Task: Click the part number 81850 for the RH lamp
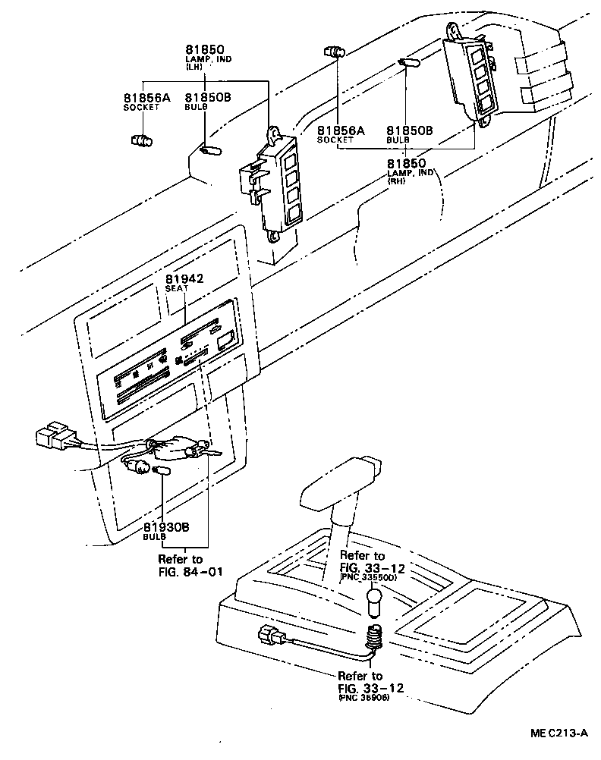tap(406, 163)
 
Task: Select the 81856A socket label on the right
tap(341, 130)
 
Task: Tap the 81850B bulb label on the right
tap(410, 130)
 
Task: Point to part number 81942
tap(185, 278)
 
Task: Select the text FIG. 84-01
tap(191, 571)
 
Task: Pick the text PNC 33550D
tap(368, 577)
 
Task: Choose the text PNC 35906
tap(365, 697)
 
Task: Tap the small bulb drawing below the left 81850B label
tap(210, 151)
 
